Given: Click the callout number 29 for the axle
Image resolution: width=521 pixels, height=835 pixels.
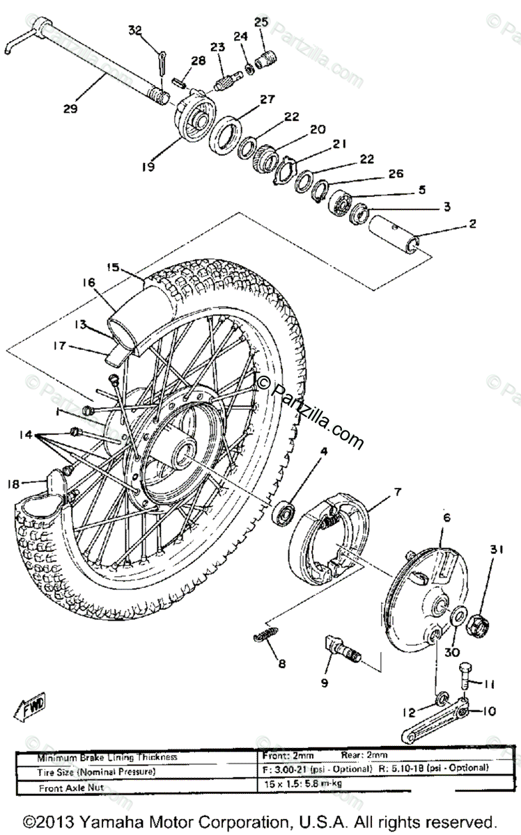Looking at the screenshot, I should tap(70, 109).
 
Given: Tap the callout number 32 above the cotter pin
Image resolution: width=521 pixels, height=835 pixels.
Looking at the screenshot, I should tap(135, 30).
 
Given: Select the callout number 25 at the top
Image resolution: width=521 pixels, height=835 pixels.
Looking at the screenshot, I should tap(260, 22).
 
